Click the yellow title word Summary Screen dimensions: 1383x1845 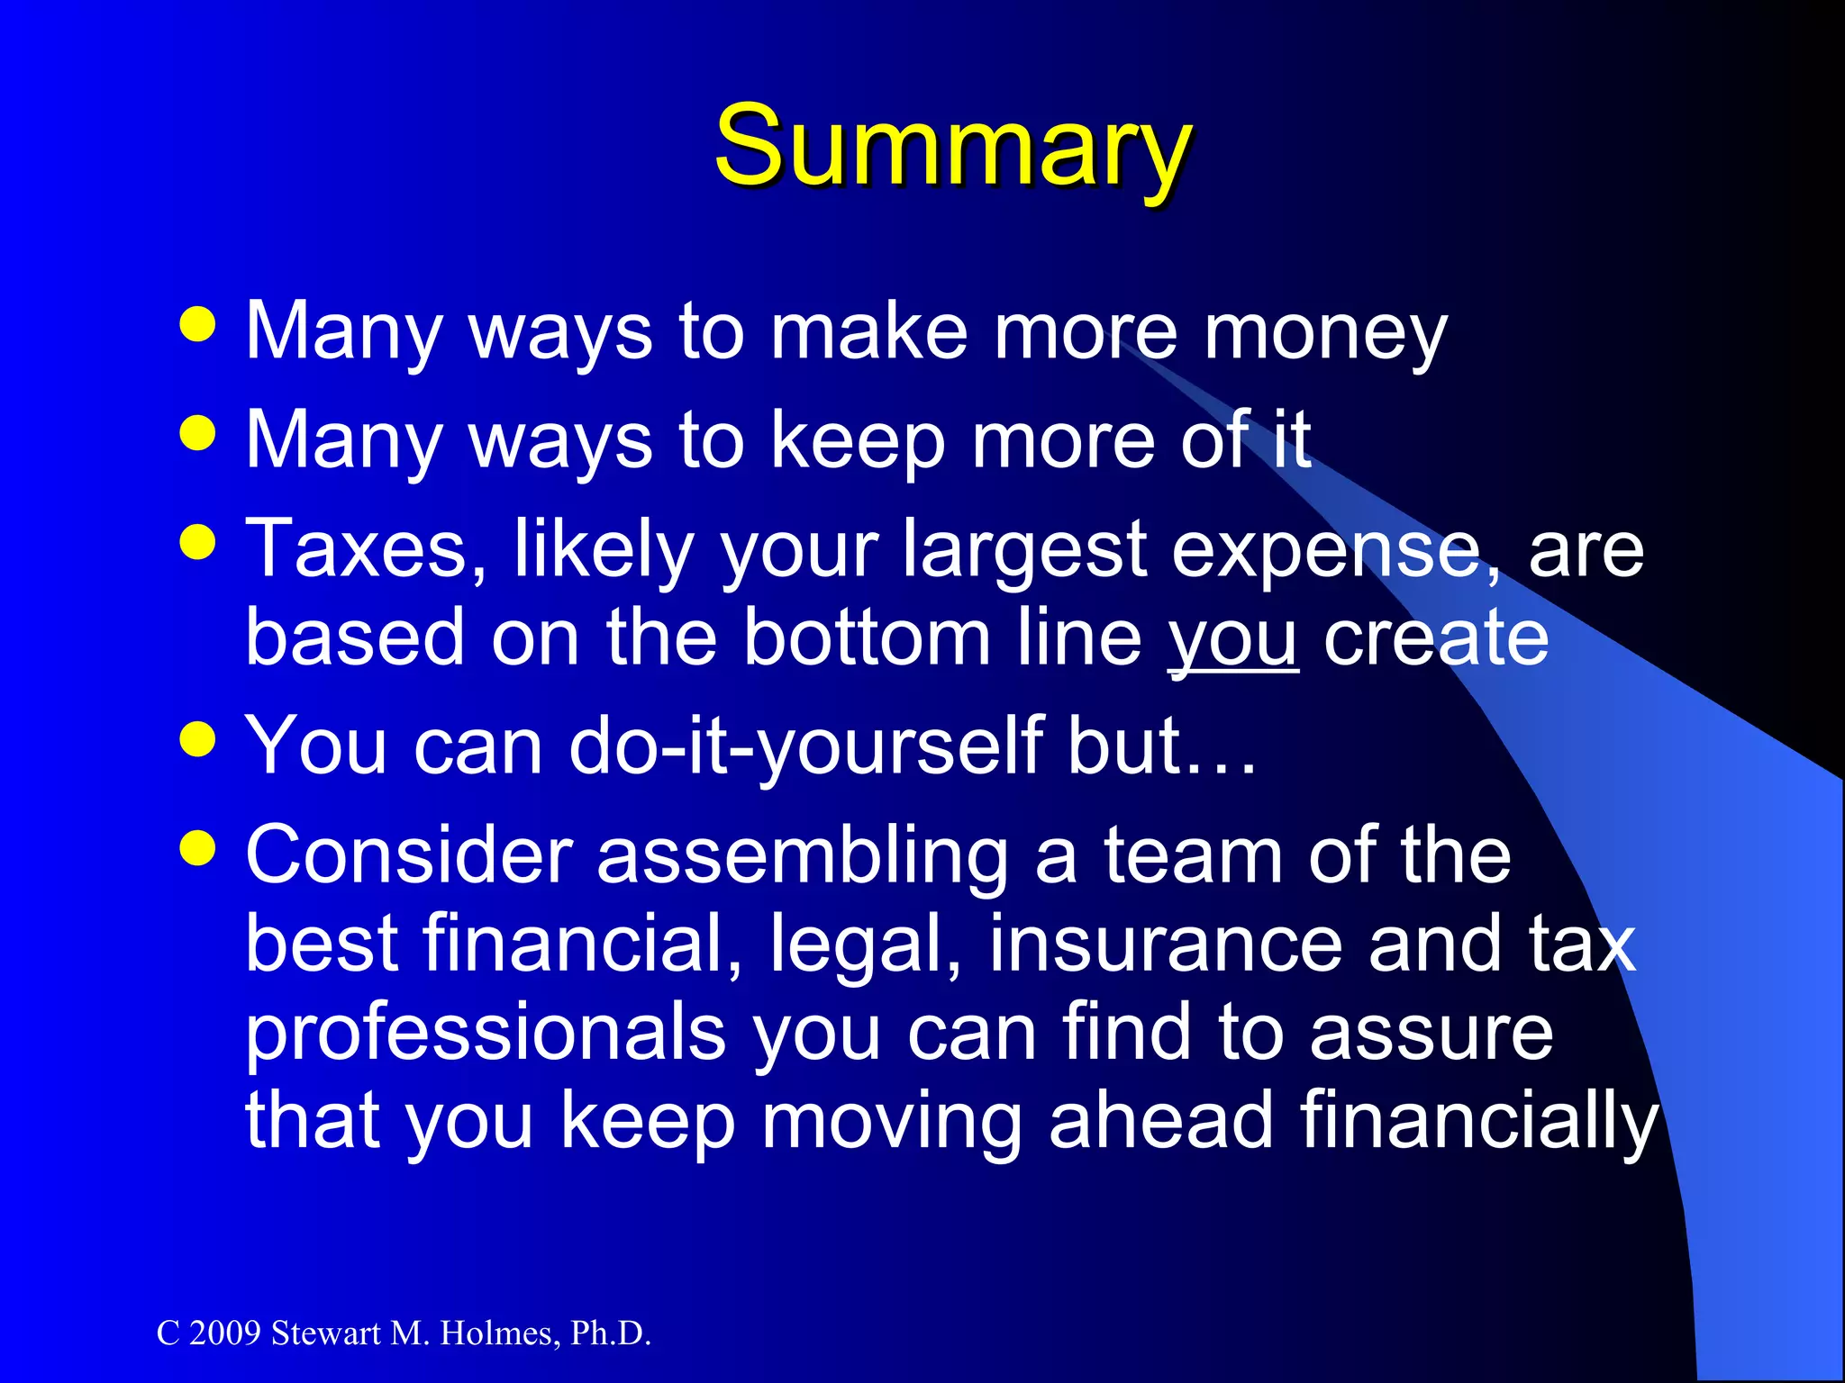coord(953,146)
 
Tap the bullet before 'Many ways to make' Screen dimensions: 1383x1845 coord(198,325)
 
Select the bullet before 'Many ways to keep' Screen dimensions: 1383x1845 coord(198,433)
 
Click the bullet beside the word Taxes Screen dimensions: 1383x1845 coord(198,542)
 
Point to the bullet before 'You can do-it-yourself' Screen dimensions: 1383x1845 coord(198,739)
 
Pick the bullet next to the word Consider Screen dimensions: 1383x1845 coord(198,847)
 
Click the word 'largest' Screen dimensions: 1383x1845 coord(1024,551)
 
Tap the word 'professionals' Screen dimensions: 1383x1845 coord(486,1034)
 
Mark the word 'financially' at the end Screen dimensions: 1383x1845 coord(1478,1122)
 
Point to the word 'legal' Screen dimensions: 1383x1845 coord(864,945)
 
